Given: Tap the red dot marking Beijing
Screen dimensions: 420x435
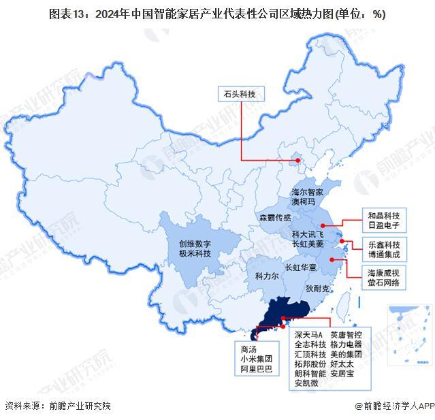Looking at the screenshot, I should [297, 161].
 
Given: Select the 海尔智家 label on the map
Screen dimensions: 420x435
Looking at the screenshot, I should [311, 193].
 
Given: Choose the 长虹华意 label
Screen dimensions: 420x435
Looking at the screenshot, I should [301, 268].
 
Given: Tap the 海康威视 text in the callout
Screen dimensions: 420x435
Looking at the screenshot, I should [384, 272].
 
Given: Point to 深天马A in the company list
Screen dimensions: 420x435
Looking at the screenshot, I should [308, 335].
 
